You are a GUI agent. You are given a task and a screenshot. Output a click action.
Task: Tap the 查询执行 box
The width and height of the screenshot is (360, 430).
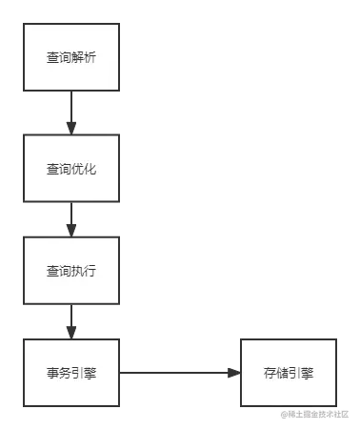[x=71, y=270]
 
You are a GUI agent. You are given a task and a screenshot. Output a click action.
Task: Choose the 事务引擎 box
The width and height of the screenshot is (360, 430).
[x=71, y=371]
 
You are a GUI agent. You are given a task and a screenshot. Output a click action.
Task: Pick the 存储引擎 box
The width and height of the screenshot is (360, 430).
[x=288, y=371]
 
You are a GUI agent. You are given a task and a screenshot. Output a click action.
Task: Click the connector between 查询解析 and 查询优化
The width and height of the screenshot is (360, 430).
[x=71, y=112]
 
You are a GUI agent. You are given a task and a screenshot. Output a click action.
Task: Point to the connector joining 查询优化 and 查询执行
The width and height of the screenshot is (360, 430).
[x=71, y=217]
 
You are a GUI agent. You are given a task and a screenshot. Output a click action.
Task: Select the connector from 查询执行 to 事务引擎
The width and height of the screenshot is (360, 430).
[x=71, y=319]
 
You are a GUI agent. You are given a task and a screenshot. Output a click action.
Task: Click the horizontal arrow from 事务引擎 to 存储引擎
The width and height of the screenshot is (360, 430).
[x=179, y=371]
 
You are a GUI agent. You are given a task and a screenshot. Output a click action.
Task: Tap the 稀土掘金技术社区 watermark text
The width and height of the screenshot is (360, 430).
[x=313, y=412]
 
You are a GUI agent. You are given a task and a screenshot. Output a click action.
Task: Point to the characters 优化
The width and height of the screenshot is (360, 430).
[x=84, y=169]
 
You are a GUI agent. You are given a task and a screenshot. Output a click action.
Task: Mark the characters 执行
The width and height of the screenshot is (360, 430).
[x=84, y=271]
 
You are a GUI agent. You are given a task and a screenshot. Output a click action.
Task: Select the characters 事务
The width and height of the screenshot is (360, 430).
[x=59, y=372]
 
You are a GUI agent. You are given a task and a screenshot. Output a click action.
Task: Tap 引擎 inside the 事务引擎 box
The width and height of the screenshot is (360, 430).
[x=84, y=372]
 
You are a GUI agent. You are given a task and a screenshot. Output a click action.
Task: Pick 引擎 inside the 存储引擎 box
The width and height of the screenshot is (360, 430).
[x=300, y=372]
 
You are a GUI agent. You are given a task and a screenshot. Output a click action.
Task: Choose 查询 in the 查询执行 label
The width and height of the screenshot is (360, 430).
[x=59, y=271]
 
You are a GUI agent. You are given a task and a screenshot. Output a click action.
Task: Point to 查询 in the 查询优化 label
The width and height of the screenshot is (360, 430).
[x=59, y=169]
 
